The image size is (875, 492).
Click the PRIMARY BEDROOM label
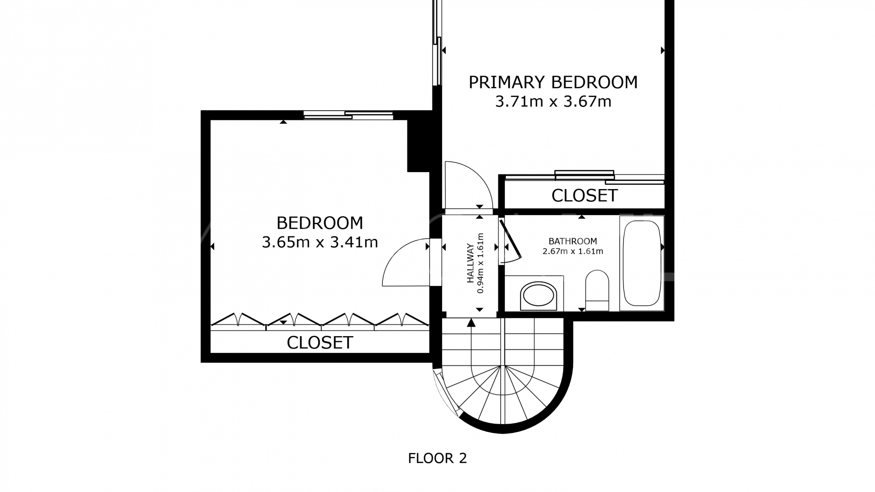[x=553, y=82]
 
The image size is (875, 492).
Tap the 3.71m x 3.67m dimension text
[x=553, y=101]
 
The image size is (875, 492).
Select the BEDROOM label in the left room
[x=320, y=223]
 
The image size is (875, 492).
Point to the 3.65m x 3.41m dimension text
[x=320, y=242]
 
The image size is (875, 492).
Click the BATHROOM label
[x=573, y=241]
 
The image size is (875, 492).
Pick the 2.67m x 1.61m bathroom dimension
[x=573, y=251]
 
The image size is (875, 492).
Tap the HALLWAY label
[x=470, y=263]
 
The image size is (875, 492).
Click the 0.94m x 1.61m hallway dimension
[x=480, y=263]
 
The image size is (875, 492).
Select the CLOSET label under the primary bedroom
[x=584, y=196]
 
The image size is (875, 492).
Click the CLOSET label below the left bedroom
[x=320, y=343]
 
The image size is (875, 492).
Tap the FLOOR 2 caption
[x=437, y=458]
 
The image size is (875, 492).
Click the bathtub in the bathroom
[x=642, y=263]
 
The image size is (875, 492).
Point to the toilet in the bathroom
[x=597, y=291]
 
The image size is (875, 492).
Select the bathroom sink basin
[x=539, y=295]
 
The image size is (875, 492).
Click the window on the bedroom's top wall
[x=348, y=115]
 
